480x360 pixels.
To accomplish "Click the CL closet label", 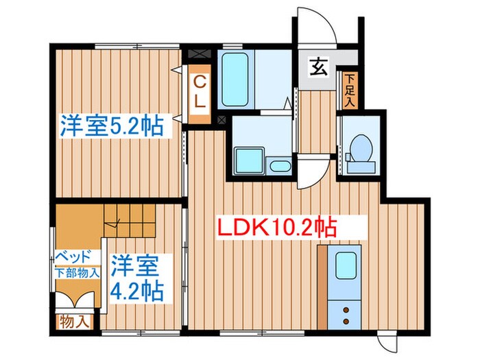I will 199,93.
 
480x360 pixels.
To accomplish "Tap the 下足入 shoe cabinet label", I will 350,90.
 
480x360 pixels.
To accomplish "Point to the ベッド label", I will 72,257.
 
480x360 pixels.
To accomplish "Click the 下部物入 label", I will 77,272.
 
